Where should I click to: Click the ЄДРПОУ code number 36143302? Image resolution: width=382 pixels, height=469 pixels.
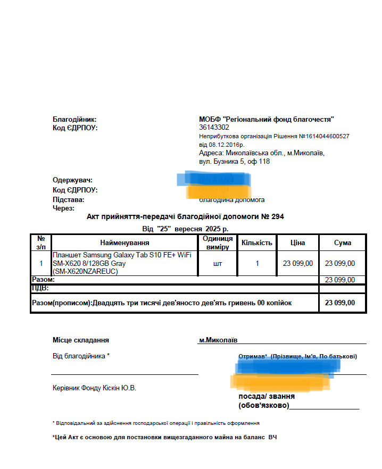(x=214, y=128)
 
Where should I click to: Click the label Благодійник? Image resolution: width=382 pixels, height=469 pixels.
(x=74, y=120)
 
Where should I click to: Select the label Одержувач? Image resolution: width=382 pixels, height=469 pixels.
(x=72, y=180)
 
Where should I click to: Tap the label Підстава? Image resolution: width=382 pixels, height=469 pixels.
(x=68, y=200)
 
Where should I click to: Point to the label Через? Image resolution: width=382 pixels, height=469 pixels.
(x=63, y=208)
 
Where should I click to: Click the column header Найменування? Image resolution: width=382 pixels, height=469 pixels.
(x=124, y=243)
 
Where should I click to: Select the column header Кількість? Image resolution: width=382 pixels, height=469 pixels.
(x=257, y=243)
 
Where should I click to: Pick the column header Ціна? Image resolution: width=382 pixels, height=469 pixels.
(x=297, y=243)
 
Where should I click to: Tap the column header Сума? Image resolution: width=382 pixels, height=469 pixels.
(x=343, y=243)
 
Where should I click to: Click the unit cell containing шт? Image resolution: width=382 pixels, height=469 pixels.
(x=218, y=263)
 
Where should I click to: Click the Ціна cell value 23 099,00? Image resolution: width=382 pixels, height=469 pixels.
(x=297, y=263)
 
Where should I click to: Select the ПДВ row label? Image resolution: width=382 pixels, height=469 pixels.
(x=40, y=288)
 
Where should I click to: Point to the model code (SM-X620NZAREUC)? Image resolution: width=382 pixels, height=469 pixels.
(x=85, y=271)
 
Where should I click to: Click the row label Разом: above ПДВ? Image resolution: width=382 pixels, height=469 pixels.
(x=43, y=280)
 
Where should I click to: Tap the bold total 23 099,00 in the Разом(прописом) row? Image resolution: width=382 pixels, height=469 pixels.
(x=340, y=303)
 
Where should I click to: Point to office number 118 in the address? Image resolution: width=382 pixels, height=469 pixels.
(x=264, y=161)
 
